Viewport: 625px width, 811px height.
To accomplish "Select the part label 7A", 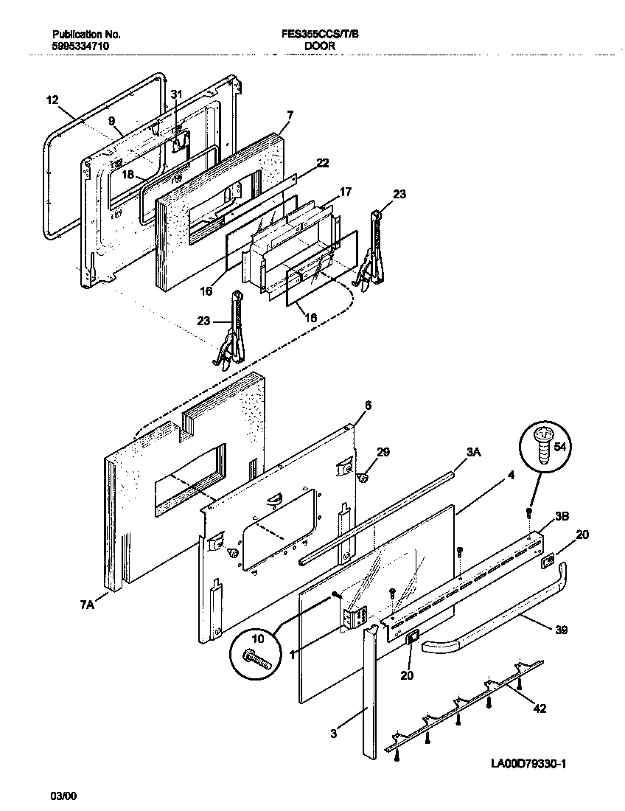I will click(87, 605).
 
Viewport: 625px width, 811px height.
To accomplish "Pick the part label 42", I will click(540, 709).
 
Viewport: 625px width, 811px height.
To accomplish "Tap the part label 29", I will click(383, 452).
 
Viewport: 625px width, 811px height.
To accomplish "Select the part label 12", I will click(51, 100).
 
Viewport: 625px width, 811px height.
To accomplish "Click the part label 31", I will click(175, 94).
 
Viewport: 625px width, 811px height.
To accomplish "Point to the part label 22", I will click(323, 163).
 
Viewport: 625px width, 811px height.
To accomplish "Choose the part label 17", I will click(345, 192).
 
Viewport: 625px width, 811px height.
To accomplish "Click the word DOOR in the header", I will click(320, 46).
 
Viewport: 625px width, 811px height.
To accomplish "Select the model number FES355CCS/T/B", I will click(320, 35).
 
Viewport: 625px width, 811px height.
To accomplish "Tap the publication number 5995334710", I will click(82, 46).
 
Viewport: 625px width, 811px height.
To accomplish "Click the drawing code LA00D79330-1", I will click(528, 764).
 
